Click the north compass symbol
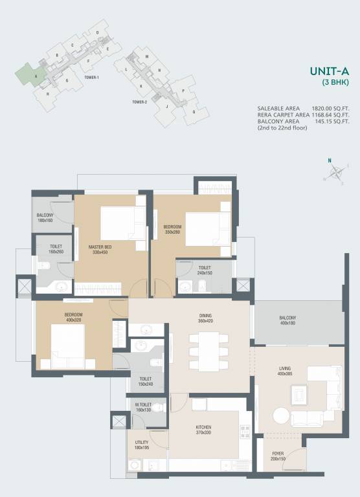point(335,171)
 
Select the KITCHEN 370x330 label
point(203,430)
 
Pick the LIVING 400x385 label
point(286,371)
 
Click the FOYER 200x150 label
point(278,456)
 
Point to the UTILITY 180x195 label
point(141,445)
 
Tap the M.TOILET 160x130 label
point(144,408)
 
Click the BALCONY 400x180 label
point(287,320)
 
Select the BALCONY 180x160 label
point(45,217)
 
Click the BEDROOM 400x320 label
point(73,317)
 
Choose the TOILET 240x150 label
point(205,271)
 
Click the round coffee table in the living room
point(280,415)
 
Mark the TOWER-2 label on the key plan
point(140,102)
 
